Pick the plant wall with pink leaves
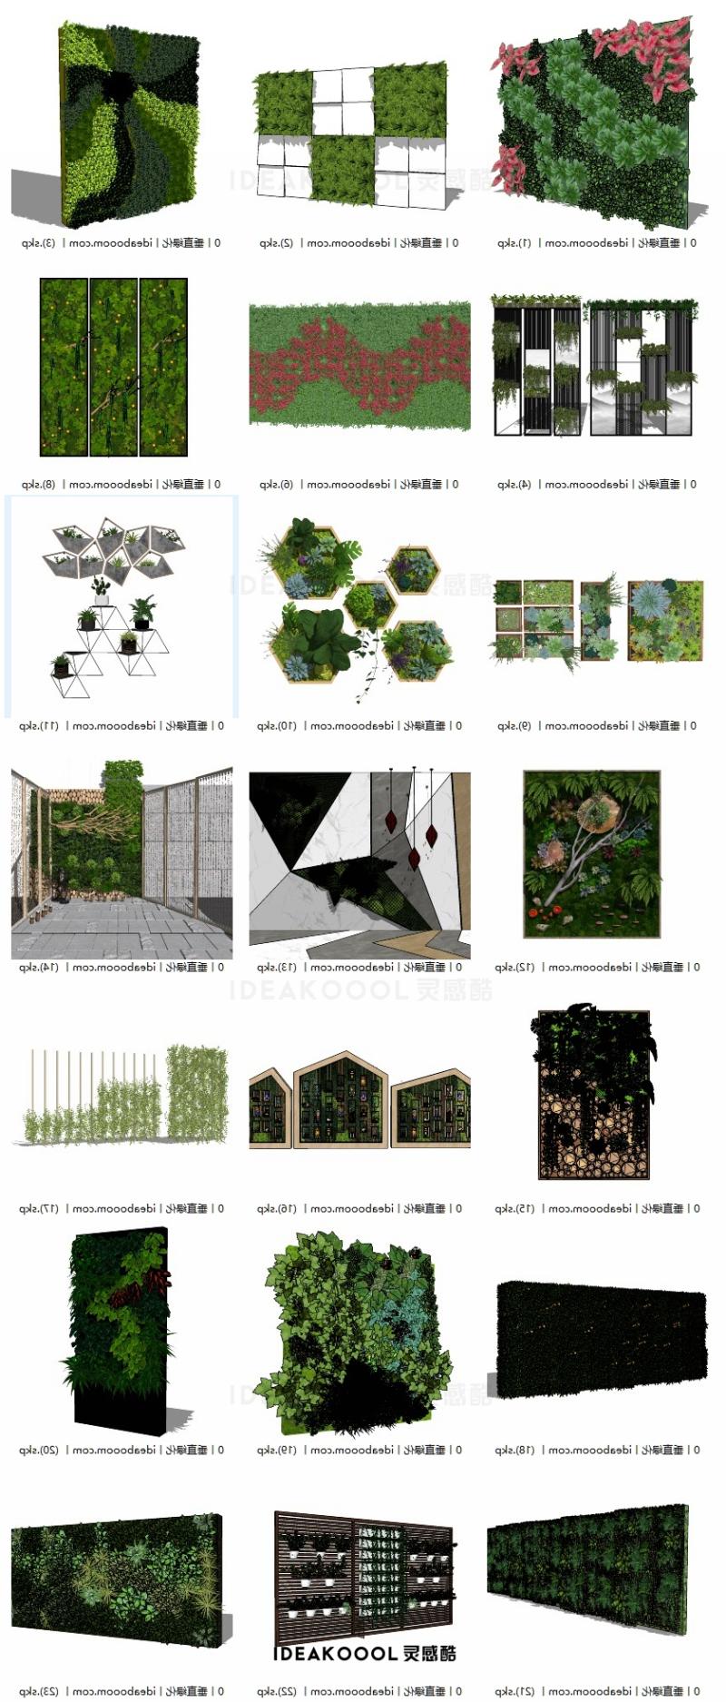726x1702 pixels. (595, 123)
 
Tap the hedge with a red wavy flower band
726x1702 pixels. (359, 365)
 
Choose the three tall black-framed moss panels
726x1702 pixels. (113, 367)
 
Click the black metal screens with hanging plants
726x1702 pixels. (594, 367)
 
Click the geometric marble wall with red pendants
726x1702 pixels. (359, 865)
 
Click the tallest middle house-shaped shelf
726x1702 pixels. (340, 1098)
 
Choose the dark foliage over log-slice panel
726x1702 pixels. (594, 1093)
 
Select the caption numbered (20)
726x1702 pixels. (121, 1451)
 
